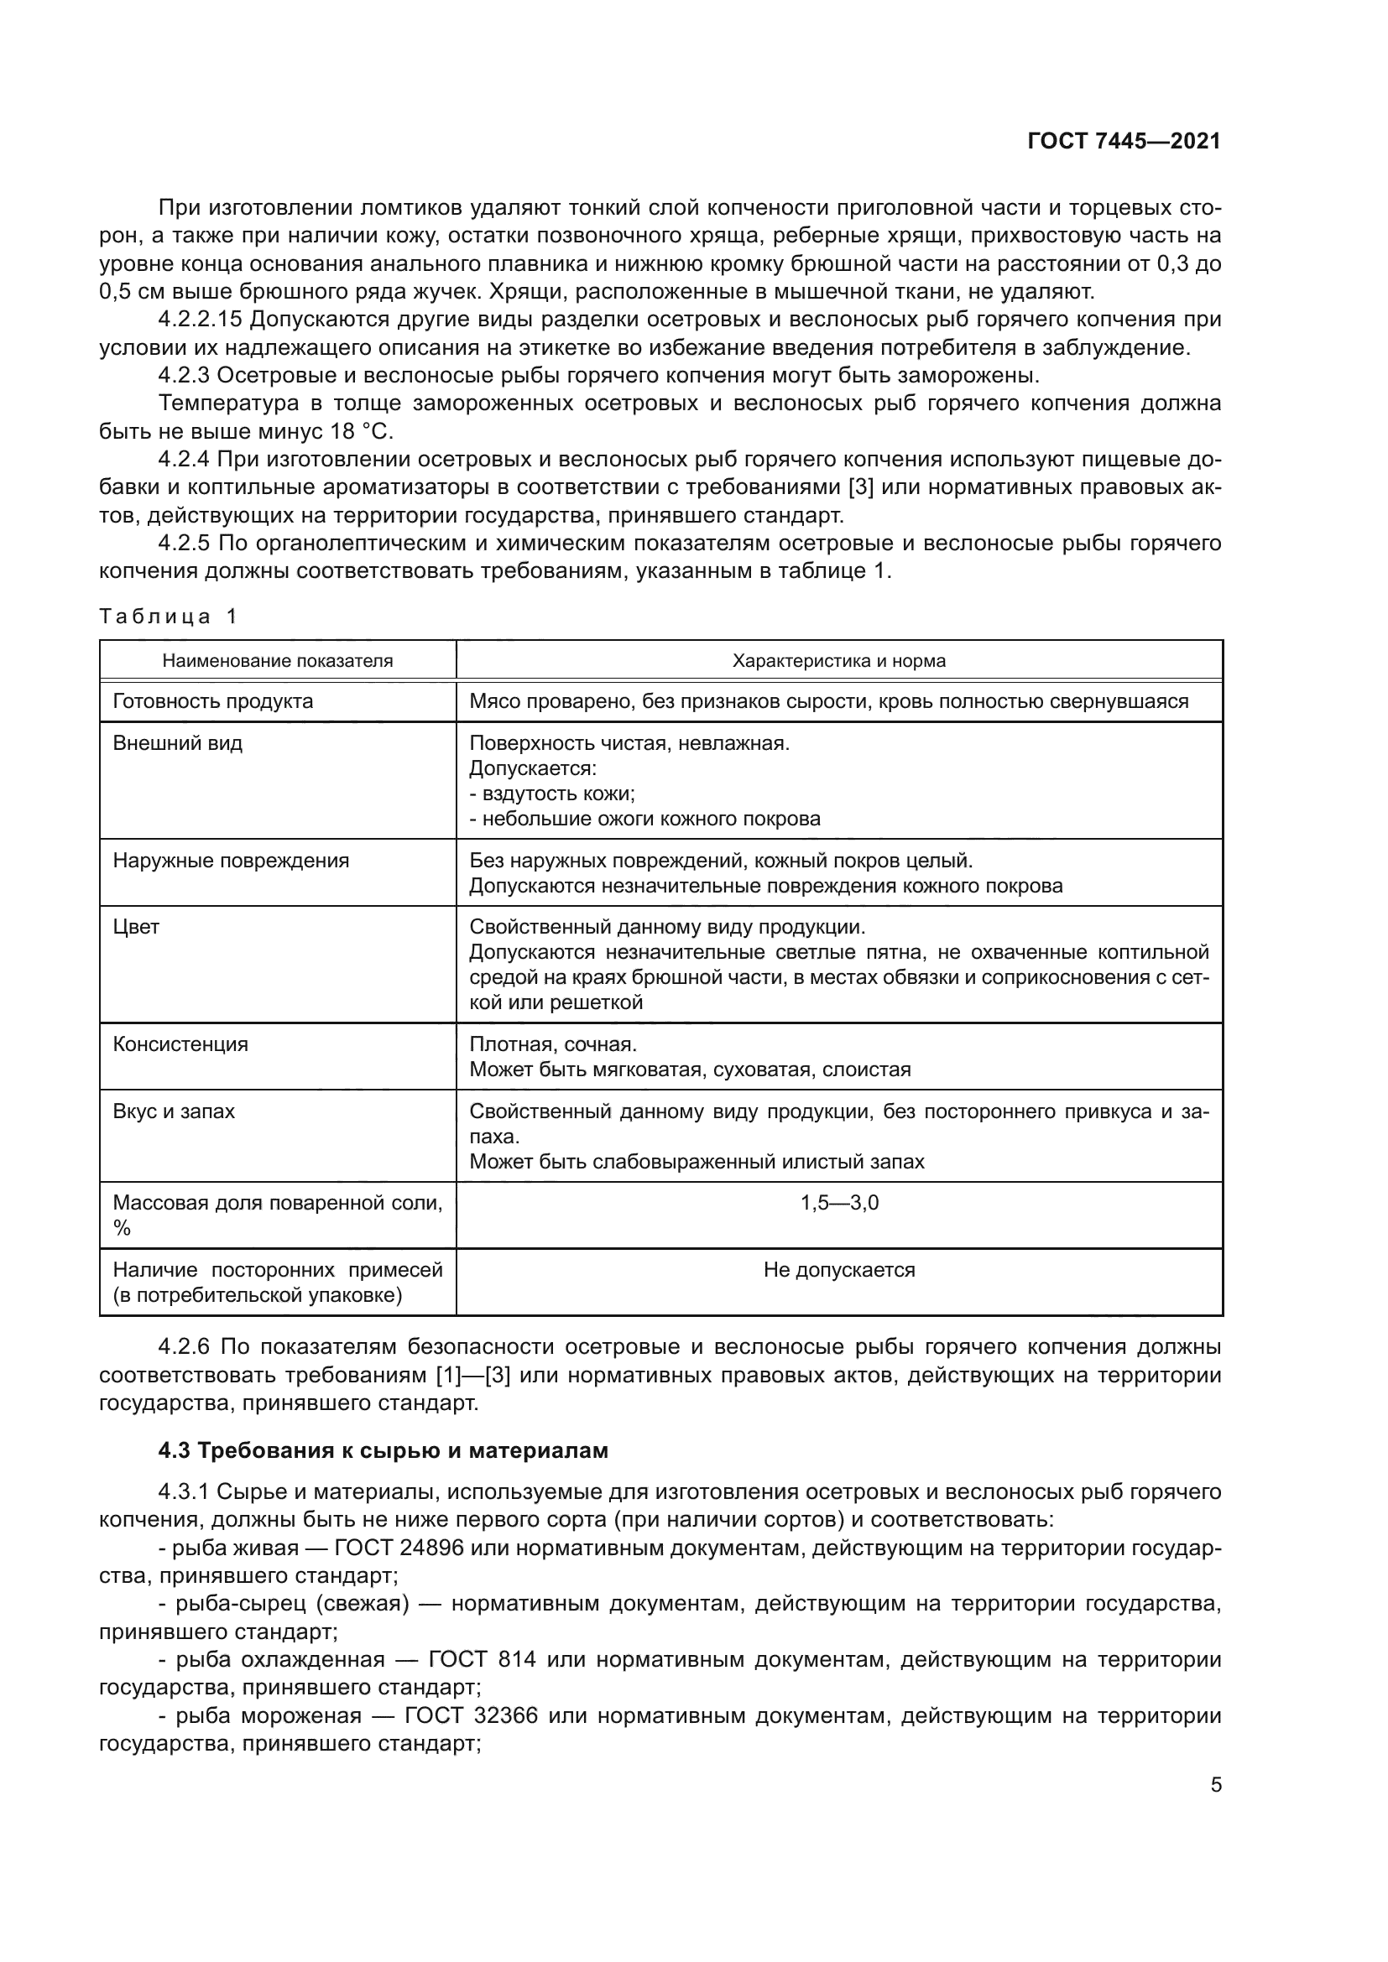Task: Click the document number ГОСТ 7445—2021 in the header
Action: pos(1123,141)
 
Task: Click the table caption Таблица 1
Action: pos(168,617)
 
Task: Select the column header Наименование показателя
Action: pos(278,660)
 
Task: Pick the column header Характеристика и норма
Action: pos(838,660)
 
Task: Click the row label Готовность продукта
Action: pos(213,701)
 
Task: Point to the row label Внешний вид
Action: pos(178,742)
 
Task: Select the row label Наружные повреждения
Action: pos(231,861)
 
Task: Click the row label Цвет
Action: pos(136,927)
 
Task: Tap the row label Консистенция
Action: pos(180,1044)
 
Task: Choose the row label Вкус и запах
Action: pos(174,1111)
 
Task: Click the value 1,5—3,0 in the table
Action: pos(839,1203)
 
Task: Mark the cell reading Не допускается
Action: pos(838,1270)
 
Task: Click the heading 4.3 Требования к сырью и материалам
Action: pos(383,1451)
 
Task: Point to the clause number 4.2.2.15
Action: pos(201,320)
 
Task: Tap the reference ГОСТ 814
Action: pos(481,1659)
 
